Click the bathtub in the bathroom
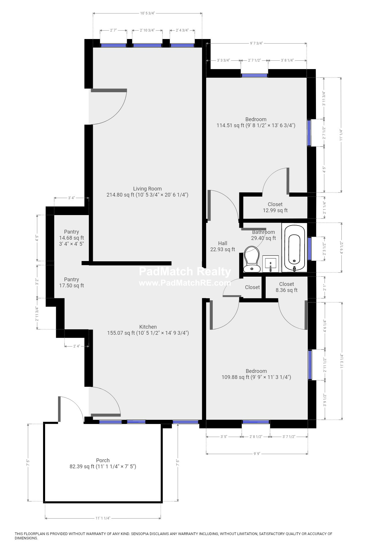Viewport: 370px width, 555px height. [x=294, y=248]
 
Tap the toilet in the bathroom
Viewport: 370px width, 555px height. [x=251, y=259]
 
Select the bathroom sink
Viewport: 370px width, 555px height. [x=271, y=263]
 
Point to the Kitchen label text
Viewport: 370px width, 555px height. [x=148, y=327]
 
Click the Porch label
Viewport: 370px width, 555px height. [x=103, y=460]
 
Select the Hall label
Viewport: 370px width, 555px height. [x=223, y=243]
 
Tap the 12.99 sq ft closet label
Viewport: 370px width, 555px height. [x=275, y=207]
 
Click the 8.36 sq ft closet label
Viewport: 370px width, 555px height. [x=286, y=287]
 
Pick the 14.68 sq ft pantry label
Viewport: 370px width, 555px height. [x=71, y=238]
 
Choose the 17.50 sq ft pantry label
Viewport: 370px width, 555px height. [x=71, y=282]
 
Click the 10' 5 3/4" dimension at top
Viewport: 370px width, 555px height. [x=147, y=13]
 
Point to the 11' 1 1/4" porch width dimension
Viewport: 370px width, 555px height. [x=103, y=518]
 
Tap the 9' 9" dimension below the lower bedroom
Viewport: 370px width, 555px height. [x=256, y=454]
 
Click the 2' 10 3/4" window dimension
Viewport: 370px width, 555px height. [x=147, y=30]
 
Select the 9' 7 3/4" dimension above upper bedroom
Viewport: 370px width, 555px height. [x=256, y=43]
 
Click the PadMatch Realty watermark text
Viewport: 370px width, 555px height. [x=185, y=272]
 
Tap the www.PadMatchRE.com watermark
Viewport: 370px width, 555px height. [x=185, y=283]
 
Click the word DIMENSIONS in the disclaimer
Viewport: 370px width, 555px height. [x=26, y=538]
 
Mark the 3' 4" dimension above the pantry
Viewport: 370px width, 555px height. [x=71, y=198]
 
